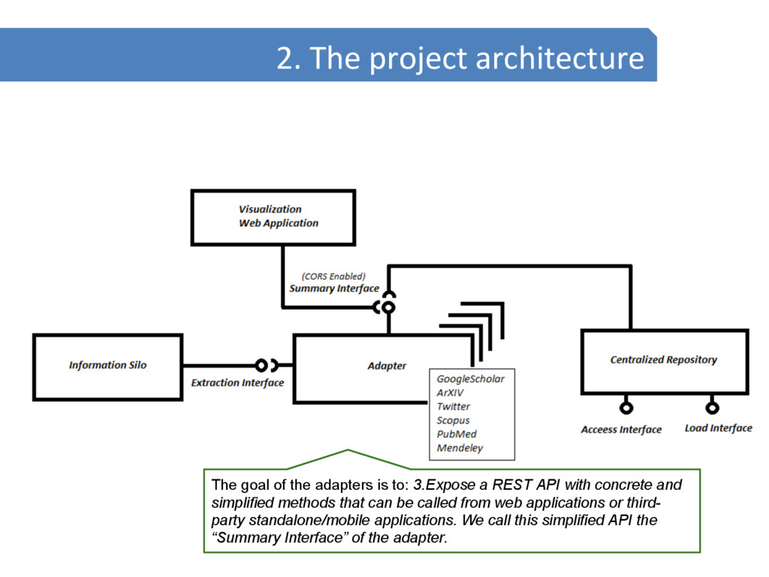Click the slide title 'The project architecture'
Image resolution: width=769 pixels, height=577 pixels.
coord(460,58)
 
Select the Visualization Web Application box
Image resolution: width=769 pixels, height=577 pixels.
coord(273,216)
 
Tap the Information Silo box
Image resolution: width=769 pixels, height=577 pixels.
coord(107,366)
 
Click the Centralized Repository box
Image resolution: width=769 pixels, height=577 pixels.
coord(664,360)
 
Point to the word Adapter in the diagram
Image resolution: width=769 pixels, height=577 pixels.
coord(387,366)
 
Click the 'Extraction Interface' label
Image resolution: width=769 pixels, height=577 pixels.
coord(237,383)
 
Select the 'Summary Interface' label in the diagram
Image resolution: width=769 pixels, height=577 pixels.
coord(334,288)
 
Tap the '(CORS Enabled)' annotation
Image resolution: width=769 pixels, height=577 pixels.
coord(333,276)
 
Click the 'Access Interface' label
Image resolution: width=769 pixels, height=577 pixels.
coord(621,430)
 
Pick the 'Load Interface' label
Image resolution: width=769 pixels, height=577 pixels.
coord(718,428)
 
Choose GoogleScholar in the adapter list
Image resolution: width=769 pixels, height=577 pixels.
coord(471,379)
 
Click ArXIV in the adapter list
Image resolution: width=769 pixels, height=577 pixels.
coord(451,393)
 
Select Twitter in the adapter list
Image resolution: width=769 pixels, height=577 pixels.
coord(454,406)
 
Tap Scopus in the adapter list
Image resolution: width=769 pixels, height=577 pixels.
coord(454,421)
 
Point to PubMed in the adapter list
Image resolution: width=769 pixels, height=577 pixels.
coord(457,434)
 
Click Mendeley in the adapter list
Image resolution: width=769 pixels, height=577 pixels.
coord(460,449)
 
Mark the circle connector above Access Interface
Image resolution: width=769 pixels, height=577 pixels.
coord(626,408)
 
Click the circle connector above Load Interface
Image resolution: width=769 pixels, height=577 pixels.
coord(712,408)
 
